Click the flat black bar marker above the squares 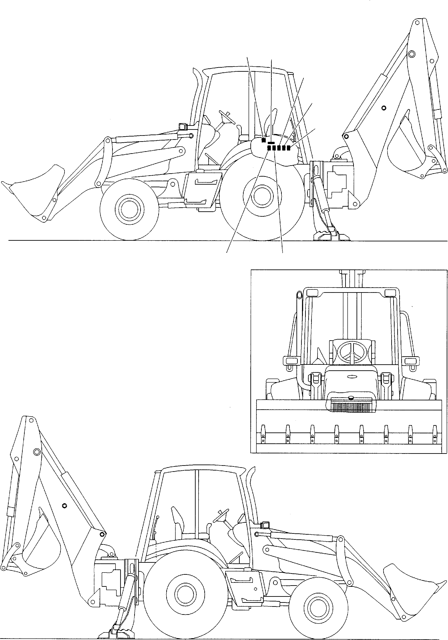pyautogui.click(x=271, y=143)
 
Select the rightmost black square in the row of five pyautogui.click(x=289, y=148)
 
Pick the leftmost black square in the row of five pyautogui.click(x=269, y=148)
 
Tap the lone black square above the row pyautogui.click(x=264, y=140)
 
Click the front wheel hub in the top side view pyautogui.click(x=129, y=210)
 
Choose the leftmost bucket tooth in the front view pyautogui.click(x=263, y=435)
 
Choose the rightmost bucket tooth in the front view pyautogui.click(x=434, y=435)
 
